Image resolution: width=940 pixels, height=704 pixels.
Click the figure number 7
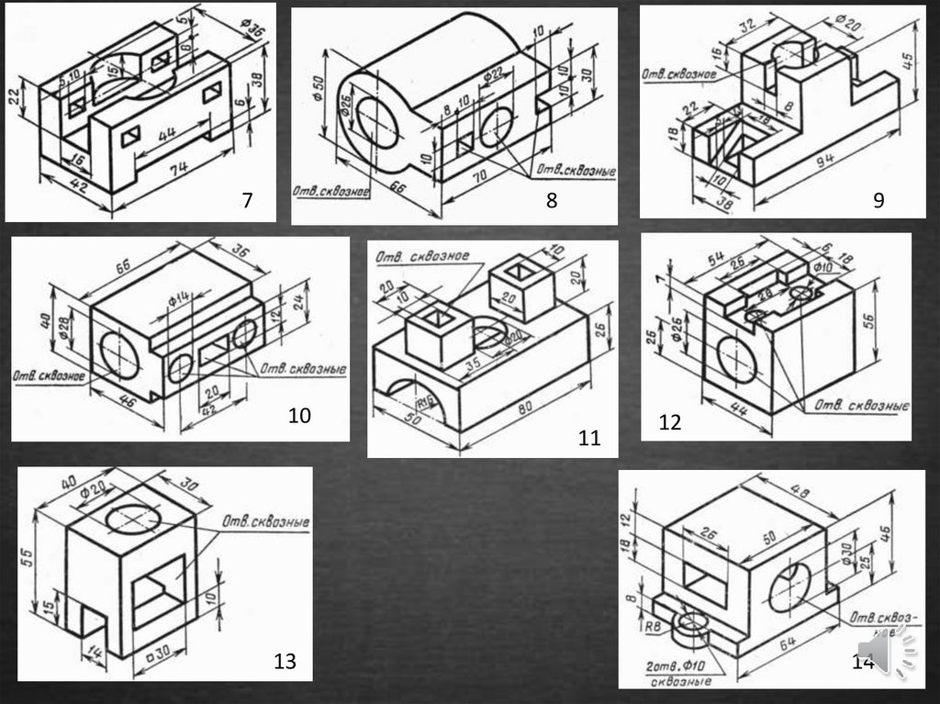click(x=246, y=200)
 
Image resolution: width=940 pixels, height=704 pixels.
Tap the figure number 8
click(x=552, y=201)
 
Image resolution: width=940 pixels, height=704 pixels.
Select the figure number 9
click(x=878, y=200)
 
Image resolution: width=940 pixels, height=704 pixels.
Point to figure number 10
click(x=299, y=416)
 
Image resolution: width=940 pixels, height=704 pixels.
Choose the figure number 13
click(x=285, y=661)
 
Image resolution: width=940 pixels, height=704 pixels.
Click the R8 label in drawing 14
click(x=653, y=628)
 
